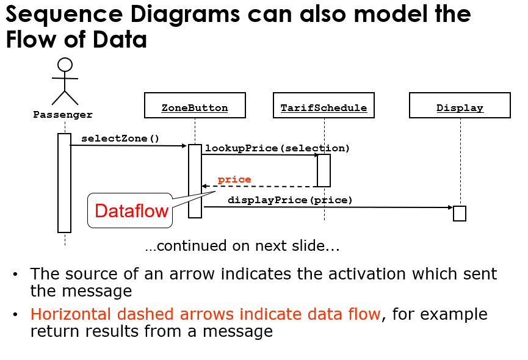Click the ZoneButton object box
195,106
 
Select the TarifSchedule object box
324,106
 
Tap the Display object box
460,106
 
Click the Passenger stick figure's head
65,65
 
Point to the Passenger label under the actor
63,115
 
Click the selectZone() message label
120,139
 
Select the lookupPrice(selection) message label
278,148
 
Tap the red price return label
234,179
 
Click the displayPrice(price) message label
290,200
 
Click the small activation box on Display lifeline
459,214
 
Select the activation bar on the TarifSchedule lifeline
324,170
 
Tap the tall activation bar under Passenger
65,183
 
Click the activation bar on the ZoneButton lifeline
195,181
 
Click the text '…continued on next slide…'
242,246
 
